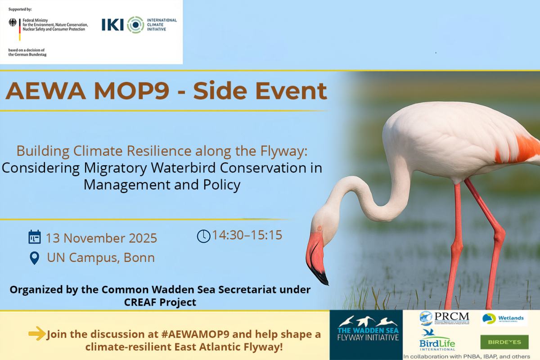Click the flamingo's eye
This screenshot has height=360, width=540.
(x=319, y=228)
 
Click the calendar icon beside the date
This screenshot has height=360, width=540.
(x=35, y=237)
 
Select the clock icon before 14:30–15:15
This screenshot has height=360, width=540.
(x=203, y=236)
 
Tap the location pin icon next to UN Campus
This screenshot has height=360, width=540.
(x=34, y=258)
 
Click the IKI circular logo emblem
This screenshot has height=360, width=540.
(x=135, y=24)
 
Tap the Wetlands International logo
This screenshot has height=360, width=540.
(x=503, y=319)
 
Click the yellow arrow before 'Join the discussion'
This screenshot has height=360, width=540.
(x=37, y=334)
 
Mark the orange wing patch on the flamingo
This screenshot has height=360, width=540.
(x=524, y=148)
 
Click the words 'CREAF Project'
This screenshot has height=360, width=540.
(x=160, y=302)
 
